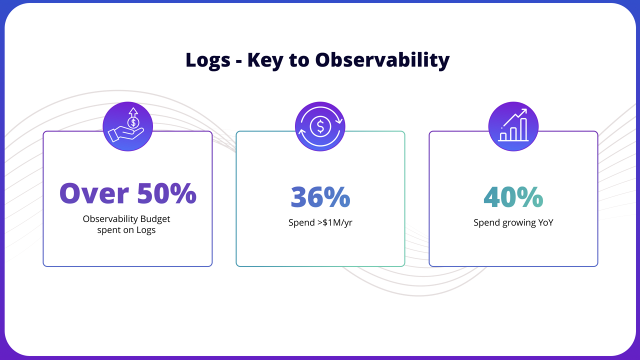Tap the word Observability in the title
(382, 60)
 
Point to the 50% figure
(166, 193)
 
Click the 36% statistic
(320, 197)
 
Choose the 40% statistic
(513, 197)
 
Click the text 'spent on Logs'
(126, 230)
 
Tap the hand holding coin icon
(127, 126)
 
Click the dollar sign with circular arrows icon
(320, 126)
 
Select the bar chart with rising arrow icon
(513, 126)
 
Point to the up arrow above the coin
(133, 111)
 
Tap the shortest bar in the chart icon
(503, 136)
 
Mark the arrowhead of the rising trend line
(524, 111)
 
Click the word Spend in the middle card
(301, 223)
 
